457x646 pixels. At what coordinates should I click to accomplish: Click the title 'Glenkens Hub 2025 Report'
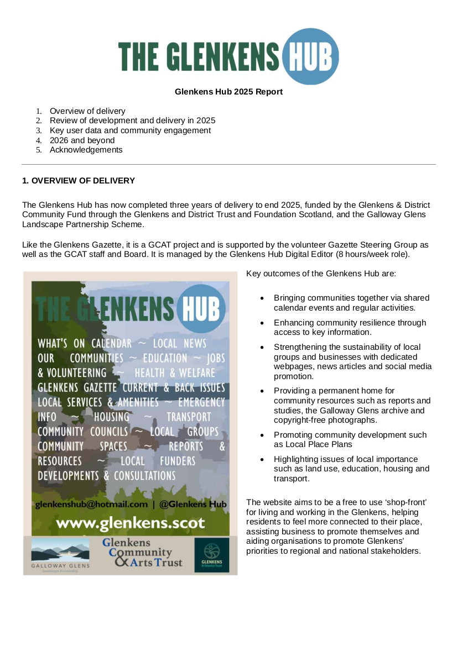tap(228, 92)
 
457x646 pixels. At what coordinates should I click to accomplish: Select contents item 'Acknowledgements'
tap(86, 150)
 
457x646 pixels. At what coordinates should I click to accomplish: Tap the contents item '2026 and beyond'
tap(82, 140)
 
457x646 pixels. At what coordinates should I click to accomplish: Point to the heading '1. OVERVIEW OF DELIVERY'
tap(78, 181)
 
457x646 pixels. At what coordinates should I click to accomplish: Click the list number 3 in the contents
tap(39, 131)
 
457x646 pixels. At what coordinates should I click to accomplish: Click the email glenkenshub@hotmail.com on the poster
tap(91, 504)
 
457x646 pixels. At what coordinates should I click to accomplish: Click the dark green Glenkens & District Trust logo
tap(211, 555)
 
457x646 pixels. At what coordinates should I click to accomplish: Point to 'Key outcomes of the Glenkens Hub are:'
tap(321, 274)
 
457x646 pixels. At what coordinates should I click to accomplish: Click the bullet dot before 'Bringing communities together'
tap(263, 298)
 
